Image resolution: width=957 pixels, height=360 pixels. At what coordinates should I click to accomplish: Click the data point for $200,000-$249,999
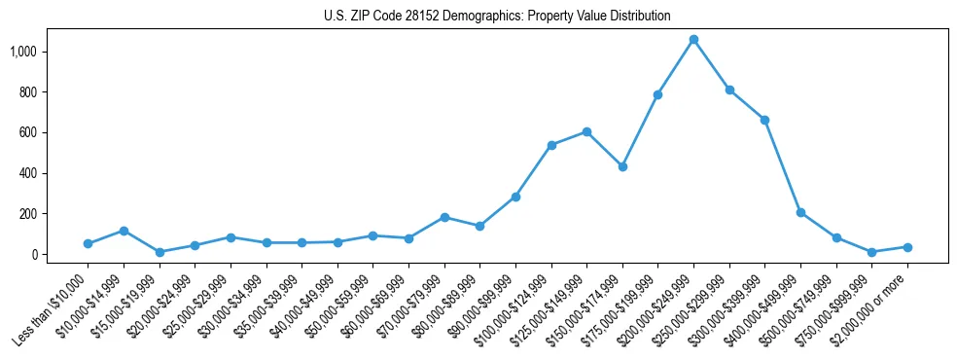693,40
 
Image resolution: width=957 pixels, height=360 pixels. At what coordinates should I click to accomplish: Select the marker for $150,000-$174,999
622,166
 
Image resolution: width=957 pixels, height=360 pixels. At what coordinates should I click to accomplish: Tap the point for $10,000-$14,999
124,231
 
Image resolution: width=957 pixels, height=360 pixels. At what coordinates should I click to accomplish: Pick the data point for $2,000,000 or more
907,247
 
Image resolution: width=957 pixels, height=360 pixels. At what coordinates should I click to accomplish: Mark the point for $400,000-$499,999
800,212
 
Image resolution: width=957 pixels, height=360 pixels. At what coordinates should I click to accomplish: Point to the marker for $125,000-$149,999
586,131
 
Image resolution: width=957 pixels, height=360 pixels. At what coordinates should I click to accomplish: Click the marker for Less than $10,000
88,243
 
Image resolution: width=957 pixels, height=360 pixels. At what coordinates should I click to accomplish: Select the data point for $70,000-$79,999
444,217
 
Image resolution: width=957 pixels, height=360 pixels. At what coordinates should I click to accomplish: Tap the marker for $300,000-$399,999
764,120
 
